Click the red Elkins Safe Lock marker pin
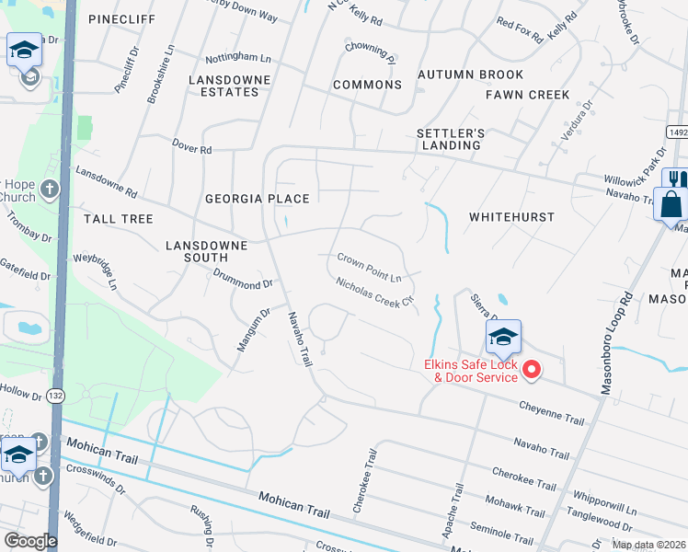point(531,370)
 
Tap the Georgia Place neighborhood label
point(257,199)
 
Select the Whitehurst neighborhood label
point(511,217)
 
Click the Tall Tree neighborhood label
point(119,219)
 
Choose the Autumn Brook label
point(470,75)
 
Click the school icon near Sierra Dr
point(503,339)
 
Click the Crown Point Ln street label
point(370,269)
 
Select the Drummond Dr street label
point(243,279)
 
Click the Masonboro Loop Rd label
point(616,344)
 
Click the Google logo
point(30,541)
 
